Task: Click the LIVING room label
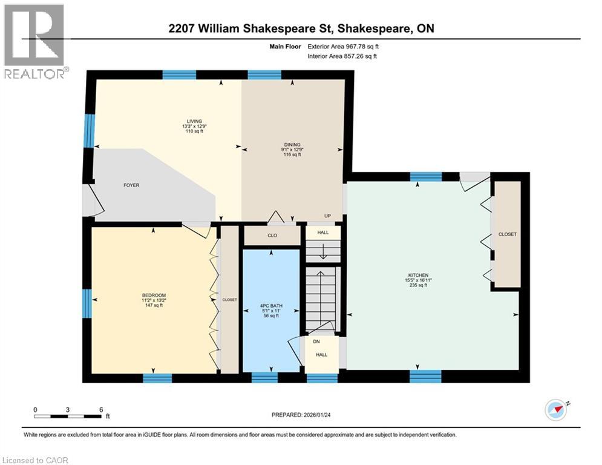point(194,121)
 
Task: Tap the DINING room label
point(291,145)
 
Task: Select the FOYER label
point(131,185)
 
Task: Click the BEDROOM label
point(152,295)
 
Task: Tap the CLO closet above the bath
point(272,236)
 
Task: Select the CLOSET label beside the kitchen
point(507,234)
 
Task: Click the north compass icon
point(556,409)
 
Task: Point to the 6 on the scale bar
point(100,409)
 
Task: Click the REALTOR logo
point(34,41)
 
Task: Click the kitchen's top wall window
point(426,177)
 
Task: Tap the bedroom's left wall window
point(87,303)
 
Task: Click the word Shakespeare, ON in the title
point(393,28)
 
